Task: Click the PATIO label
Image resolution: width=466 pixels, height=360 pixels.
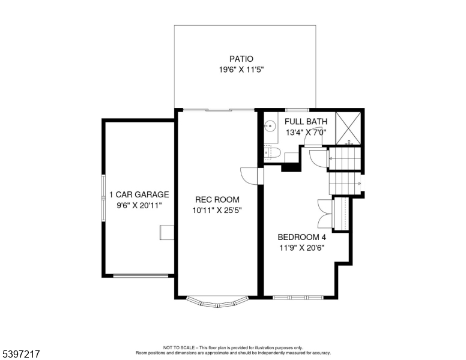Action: (x=241, y=59)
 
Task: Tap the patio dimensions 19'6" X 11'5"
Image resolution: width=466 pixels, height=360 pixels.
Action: (x=241, y=70)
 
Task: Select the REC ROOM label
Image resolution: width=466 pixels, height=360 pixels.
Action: (x=217, y=200)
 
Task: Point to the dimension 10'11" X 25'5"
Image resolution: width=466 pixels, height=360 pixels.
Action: (x=217, y=211)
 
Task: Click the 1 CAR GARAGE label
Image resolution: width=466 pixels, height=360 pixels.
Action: (x=139, y=194)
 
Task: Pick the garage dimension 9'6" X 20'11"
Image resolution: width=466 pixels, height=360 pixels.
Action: (x=139, y=205)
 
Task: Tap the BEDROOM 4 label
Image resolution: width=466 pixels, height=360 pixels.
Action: (x=301, y=236)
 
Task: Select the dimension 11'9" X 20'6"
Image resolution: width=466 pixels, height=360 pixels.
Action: (x=301, y=247)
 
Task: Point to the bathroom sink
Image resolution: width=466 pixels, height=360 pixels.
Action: (x=270, y=126)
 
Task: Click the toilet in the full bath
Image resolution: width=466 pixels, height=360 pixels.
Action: (x=270, y=153)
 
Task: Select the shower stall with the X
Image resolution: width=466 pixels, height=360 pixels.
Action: (x=349, y=128)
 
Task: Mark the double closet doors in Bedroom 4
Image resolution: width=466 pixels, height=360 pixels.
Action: (x=324, y=214)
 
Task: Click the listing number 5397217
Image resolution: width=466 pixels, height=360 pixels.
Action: (x=21, y=355)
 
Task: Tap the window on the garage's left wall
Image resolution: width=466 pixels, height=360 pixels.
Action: (x=103, y=195)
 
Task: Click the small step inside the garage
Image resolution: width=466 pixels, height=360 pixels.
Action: (x=166, y=233)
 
